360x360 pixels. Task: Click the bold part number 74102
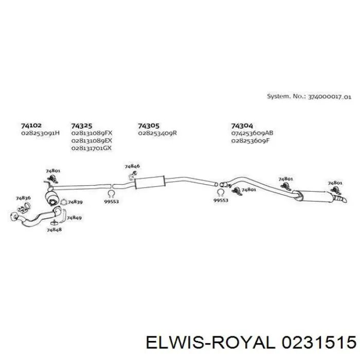pos(31,125)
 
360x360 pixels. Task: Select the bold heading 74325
pos(81,126)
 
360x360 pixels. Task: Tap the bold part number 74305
pos(149,126)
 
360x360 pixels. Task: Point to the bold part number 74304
pos(242,126)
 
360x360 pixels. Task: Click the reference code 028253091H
pos(41,133)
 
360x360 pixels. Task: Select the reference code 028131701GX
pos(92,148)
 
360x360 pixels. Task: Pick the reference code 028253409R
pos(157,133)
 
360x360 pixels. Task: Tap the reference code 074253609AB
pos(252,133)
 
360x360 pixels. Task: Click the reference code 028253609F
pos(250,140)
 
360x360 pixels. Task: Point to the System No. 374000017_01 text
pos(309,97)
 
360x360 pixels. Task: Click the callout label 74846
pos(132,166)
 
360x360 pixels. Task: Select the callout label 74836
pos(23,198)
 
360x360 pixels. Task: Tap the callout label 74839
pos(75,202)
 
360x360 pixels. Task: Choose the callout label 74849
pos(74,218)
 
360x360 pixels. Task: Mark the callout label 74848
pos(54,229)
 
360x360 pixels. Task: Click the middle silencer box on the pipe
pos(150,182)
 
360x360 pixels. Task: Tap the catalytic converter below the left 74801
pos(51,197)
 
